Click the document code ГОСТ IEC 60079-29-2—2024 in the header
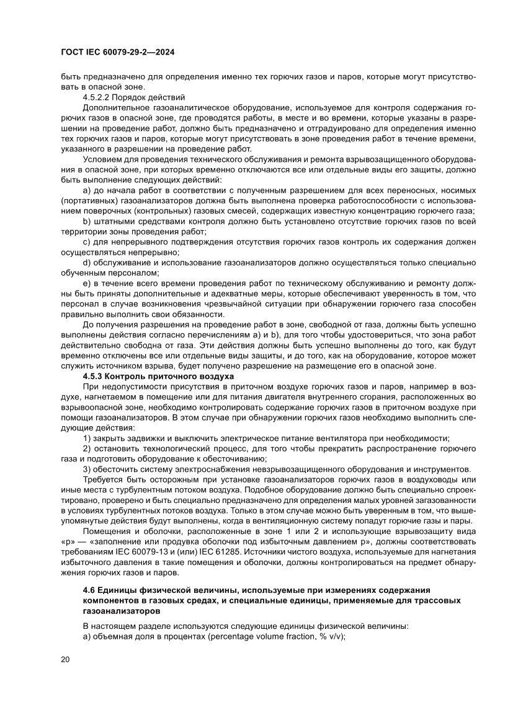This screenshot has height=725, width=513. pos(117,53)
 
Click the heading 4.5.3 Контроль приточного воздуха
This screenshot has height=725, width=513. pos(158,376)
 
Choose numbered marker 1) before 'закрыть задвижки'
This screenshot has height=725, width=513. pos(87,438)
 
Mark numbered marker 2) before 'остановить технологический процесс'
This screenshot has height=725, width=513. pos(87,448)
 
